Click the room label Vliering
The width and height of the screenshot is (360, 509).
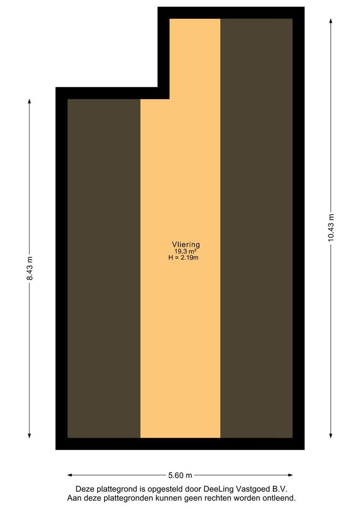[x=186, y=245]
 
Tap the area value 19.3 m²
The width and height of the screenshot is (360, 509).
[x=185, y=251]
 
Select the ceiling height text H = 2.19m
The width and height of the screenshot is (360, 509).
[x=183, y=258]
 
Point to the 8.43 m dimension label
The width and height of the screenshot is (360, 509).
[x=30, y=268]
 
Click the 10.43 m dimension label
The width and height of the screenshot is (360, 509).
[x=331, y=228]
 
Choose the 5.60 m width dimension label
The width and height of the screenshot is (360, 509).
[x=180, y=475]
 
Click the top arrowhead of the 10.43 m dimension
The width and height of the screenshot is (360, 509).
[x=331, y=21]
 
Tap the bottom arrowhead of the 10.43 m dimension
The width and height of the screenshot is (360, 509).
[x=331, y=435]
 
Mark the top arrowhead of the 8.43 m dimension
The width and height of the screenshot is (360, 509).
[x=30, y=102]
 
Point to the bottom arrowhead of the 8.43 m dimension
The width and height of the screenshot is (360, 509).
[x=30, y=435]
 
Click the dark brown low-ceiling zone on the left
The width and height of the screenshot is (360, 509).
[x=104, y=269]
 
